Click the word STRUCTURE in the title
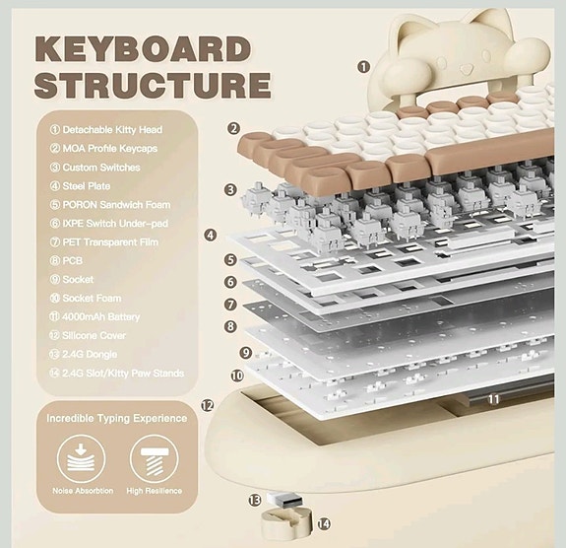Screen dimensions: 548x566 click(152, 85)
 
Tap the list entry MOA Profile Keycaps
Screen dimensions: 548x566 click(110, 148)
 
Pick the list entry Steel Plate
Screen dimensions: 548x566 click(92, 185)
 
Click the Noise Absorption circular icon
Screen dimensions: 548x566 click(76, 456)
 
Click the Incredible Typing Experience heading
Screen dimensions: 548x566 click(117, 418)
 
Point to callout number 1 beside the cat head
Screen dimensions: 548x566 click(363, 67)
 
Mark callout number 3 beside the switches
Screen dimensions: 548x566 click(229, 189)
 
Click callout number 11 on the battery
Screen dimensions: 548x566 click(493, 398)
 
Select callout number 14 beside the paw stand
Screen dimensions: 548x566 click(323, 524)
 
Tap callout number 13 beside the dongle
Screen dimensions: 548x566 click(255, 501)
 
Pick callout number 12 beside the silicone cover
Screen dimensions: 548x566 click(207, 405)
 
